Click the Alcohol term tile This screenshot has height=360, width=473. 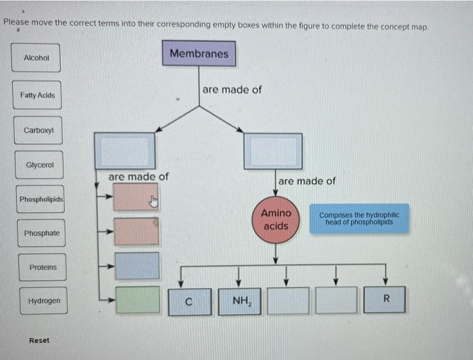click(x=36, y=58)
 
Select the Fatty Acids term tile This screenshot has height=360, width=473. click(x=37, y=95)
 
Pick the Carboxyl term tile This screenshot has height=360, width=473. click(x=39, y=130)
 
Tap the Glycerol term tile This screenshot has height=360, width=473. click(x=39, y=165)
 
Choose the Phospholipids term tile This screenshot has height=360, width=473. click(x=41, y=199)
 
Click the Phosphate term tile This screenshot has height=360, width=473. click(x=41, y=233)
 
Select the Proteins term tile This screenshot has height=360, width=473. click(x=43, y=267)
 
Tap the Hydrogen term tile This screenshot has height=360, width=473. click(x=44, y=301)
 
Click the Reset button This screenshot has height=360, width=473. click(x=39, y=340)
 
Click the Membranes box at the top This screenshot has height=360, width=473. click(x=199, y=53)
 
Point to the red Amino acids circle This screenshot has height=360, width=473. click(x=275, y=219)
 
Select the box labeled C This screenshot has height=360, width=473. click(x=191, y=301)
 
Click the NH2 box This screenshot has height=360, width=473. click(x=239, y=301)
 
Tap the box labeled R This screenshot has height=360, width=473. click(x=386, y=300)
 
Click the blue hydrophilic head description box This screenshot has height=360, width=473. click(x=359, y=218)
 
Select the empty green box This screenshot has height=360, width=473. click(x=136, y=299)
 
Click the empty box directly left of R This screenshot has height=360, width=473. click(x=337, y=301)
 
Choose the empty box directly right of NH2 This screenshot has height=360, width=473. click(x=288, y=301)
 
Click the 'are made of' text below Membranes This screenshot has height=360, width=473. click(x=232, y=89)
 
